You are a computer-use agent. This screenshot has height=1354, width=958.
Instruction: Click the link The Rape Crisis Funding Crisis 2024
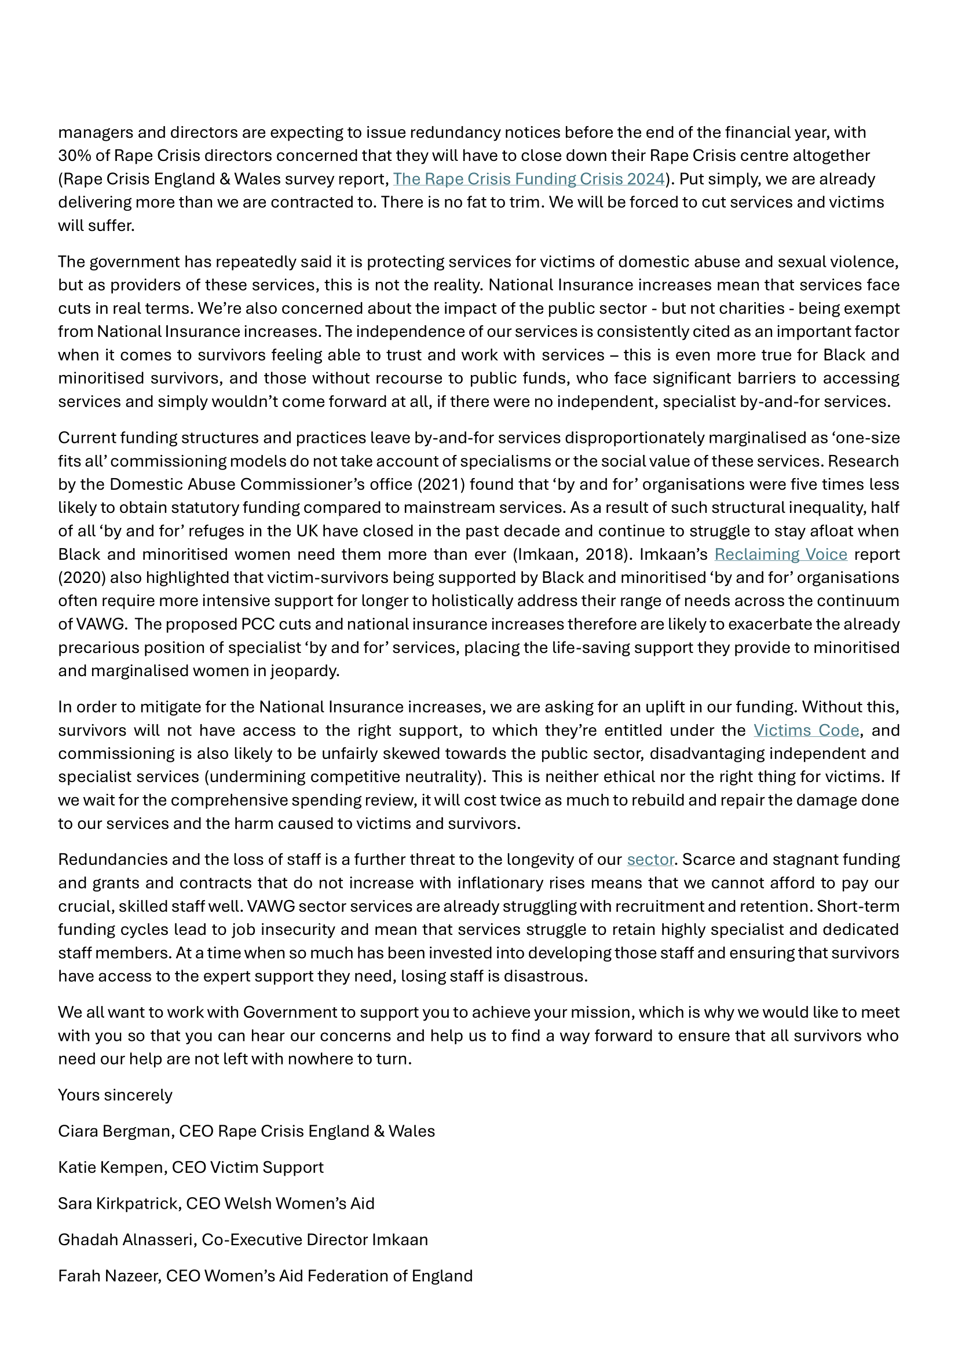[529, 179]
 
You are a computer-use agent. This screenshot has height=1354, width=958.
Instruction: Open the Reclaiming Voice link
[780, 554]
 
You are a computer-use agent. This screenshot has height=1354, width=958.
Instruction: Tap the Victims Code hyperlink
[806, 730]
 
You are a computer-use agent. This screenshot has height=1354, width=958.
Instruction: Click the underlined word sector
[650, 859]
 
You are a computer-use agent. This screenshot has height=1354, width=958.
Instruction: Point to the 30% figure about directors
[72, 156]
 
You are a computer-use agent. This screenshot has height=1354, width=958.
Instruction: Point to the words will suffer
[96, 225]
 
